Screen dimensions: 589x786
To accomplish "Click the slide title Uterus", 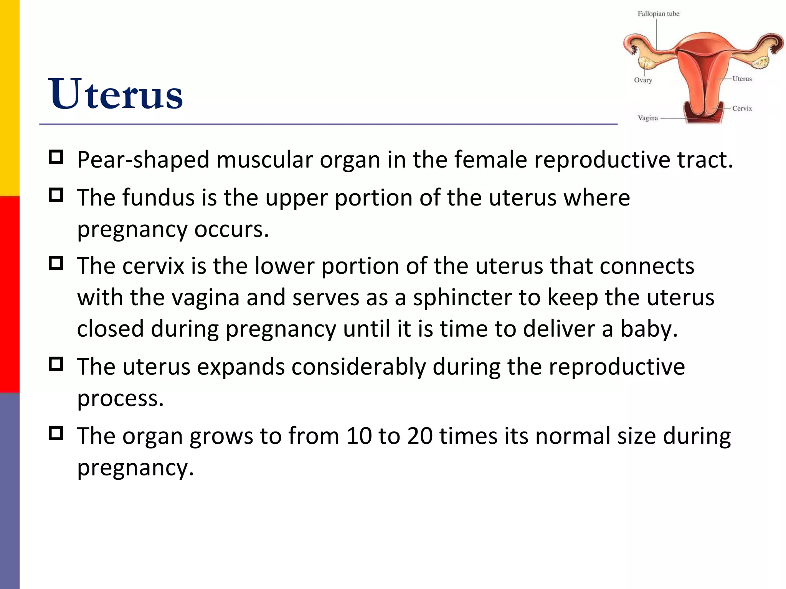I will click(115, 94).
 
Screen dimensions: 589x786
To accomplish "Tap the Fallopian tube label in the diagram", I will click(658, 14).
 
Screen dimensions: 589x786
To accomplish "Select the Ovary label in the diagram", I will click(643, 80).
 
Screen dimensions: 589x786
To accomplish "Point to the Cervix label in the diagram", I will click(742, 109).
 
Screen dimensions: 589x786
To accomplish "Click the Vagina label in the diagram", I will click(647, 118).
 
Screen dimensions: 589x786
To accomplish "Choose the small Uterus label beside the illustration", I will click(742, 79).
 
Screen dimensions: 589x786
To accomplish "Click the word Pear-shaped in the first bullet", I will click(143, 160).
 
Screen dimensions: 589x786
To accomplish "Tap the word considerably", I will click(358, 367).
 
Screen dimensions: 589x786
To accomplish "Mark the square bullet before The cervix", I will click(56, 263).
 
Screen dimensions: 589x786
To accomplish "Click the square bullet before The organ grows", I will click(56, 433).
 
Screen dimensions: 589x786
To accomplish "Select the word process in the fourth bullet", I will click(120, 399).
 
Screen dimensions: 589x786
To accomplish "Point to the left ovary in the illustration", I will click(646, 61).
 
